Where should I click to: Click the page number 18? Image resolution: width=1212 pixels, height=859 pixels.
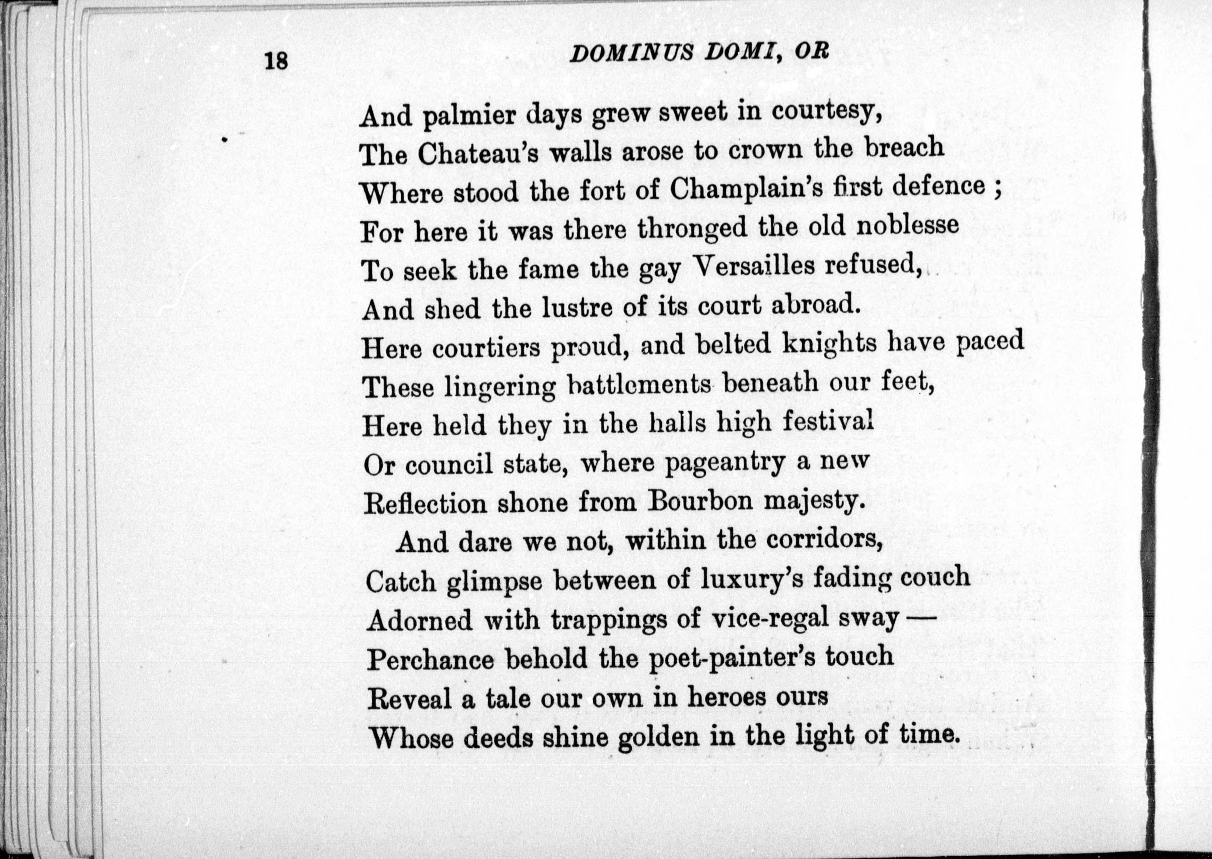coord(276,61)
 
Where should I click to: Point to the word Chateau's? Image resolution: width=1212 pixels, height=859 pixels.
coord(480,155)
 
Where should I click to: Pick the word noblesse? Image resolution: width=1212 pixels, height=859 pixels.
coord(907,225)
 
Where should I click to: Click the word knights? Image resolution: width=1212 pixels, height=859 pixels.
coord(828,344)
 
